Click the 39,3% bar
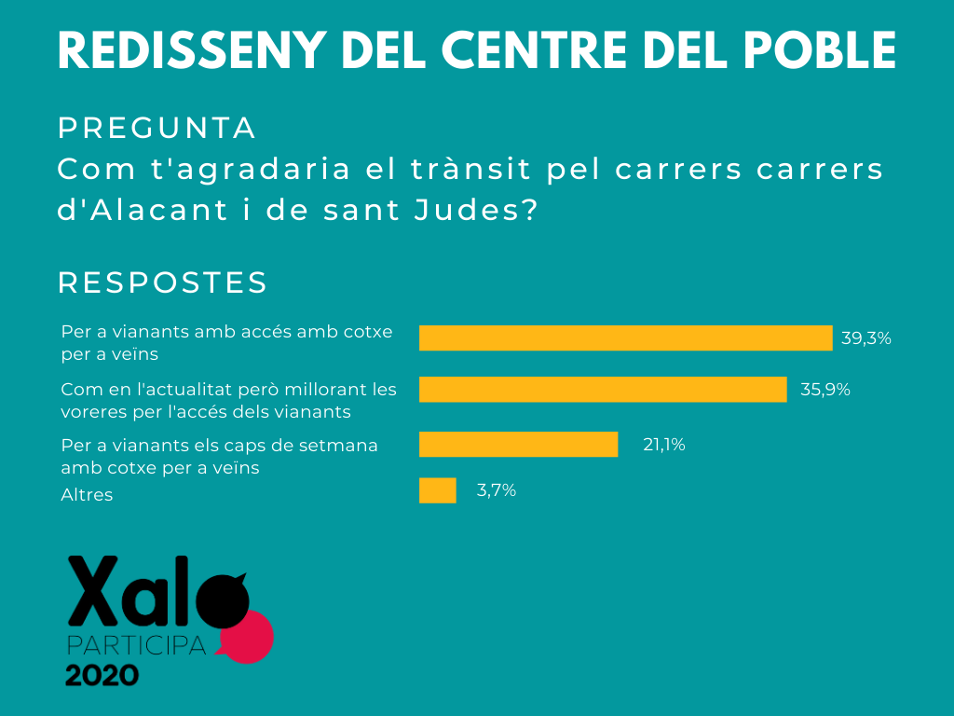click(625, 337)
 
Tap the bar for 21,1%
click(518, 445)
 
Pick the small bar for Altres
click(437, 490)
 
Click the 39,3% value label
click(866, 337)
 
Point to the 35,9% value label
click(825, 389)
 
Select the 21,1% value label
click(664, 445)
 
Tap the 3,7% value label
click(497, 490)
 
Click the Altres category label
click(87, 495)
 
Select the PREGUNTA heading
click(157, 129)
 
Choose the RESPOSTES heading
click(163, 282)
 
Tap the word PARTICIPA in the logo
click(136, 645)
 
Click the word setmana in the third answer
click(344, 445)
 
